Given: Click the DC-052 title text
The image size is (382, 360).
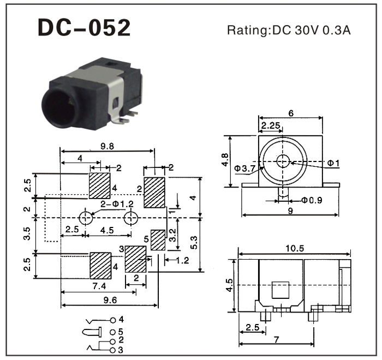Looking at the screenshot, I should coord(84,28).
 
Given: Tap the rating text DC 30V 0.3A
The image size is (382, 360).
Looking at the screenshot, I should coord(289,30).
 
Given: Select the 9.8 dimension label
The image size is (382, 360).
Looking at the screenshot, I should coord(107,146).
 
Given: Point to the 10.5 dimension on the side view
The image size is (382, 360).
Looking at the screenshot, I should coord(293,248).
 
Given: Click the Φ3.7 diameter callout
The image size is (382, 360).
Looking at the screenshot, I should coord(244,169).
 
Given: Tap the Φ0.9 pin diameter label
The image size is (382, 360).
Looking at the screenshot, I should coord(312,200).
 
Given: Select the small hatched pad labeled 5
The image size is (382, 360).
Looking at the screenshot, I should coord(158,239).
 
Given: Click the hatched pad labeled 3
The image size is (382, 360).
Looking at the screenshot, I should coord(135,258).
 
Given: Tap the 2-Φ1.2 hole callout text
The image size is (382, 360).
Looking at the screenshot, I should coord(116,203).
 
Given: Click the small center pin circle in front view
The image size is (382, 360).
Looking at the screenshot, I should coord(283,161).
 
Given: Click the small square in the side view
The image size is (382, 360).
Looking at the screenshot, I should coord(280,290).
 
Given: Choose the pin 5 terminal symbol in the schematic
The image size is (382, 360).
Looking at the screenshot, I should coord(92,331).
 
